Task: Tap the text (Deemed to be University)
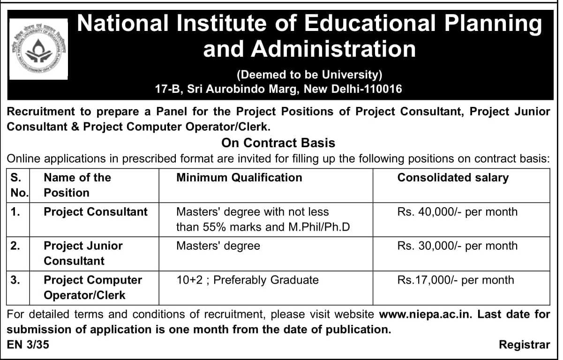[x=310, y=74]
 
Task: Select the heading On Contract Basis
[x=278, y=142]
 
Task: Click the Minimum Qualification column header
[x=239, y=178]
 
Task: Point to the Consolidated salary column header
[x=453, y=178]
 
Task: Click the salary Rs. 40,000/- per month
[x=458, y=212]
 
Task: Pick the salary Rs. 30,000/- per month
[x=458, y=246]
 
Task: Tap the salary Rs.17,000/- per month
[x=456, y=280]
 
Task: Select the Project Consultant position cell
[x=96, y=212]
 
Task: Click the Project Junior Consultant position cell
[x=83, y=253]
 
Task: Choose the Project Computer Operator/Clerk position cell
[x=93, y=287]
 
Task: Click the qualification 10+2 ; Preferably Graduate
[x=248, y=280]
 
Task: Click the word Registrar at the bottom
[x=525, y=345]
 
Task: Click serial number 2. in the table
[x=15, y=246]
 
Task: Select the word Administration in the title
[x=309, y=49]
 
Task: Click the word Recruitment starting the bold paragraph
[x=41, y=112]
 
